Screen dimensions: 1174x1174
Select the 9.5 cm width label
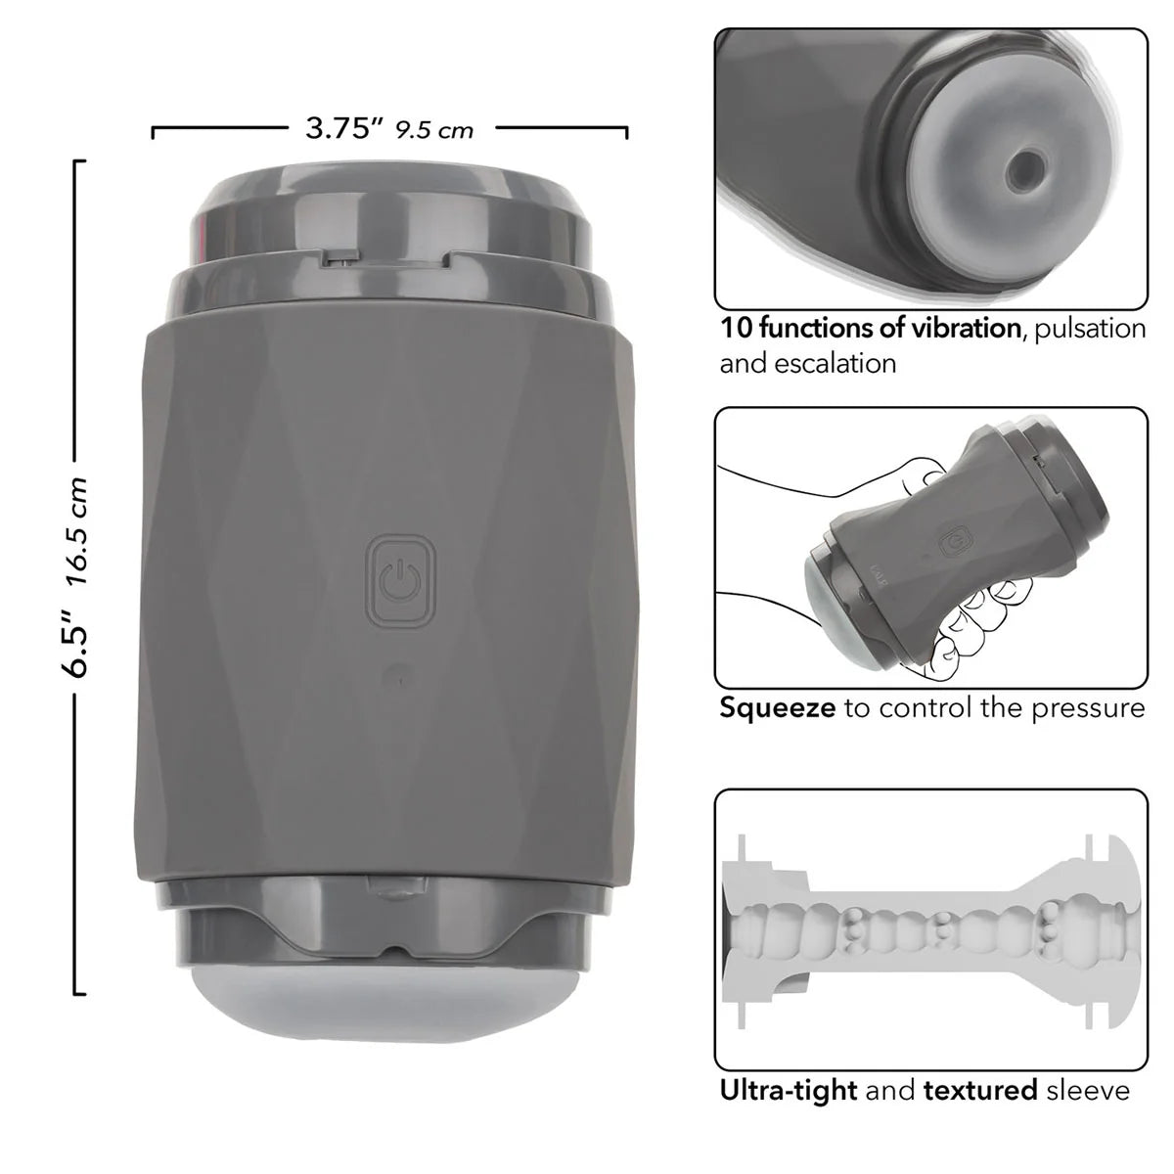point(434,130)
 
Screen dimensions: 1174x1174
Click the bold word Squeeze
point(778,707)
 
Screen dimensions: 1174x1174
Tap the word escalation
point(834,363)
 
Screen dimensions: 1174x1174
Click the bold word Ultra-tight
point(789,1089)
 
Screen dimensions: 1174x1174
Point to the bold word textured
point(979,1089)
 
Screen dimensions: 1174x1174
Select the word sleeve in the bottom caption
point(1088,1089)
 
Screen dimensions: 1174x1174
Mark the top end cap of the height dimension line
point(78,161)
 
